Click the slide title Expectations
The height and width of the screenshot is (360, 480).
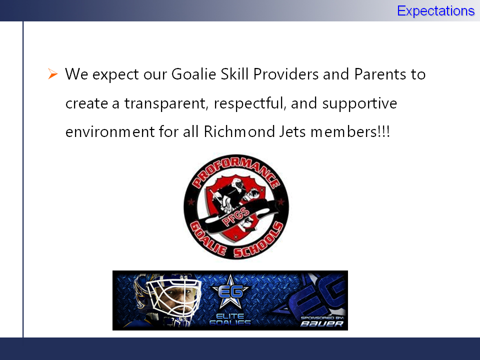[x=435, y=11]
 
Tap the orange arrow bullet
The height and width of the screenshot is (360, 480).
[x=52, y=74]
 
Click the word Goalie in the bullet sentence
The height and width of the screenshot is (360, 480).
[x=194, y=74]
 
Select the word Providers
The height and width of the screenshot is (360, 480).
[x=286, y=74]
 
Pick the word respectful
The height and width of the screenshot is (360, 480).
[x=250, y=103]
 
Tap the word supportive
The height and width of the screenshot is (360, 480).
[x=359, y=103]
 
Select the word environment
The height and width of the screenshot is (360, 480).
[x=110, y=132]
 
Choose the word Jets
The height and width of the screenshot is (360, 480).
[x=292, y=132]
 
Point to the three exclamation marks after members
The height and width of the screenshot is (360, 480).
[x=384, y=131]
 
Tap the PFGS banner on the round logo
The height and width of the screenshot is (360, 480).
[x=236, y=216]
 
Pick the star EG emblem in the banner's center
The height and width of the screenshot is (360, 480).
[x=230, y=291]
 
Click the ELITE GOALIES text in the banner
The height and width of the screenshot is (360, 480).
[x=230, y=319]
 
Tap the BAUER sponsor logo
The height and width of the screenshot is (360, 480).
[x=321, y=323]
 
